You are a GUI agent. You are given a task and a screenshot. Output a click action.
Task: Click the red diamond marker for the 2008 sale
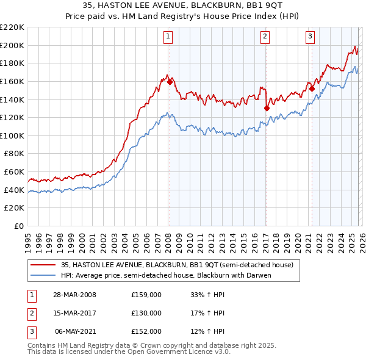pos(170,82)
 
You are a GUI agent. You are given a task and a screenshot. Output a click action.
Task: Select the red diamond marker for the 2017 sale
pos(267,108)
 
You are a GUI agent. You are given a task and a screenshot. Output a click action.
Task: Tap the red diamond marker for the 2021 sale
pos(312,88)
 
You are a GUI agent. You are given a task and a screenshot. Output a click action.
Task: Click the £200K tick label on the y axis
pos(12,45)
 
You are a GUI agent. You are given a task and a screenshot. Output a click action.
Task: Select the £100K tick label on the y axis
pos(12,135)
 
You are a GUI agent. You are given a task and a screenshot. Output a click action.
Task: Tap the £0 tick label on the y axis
pos(18,226)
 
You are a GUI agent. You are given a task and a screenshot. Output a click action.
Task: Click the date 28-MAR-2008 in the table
pos(75,295)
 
